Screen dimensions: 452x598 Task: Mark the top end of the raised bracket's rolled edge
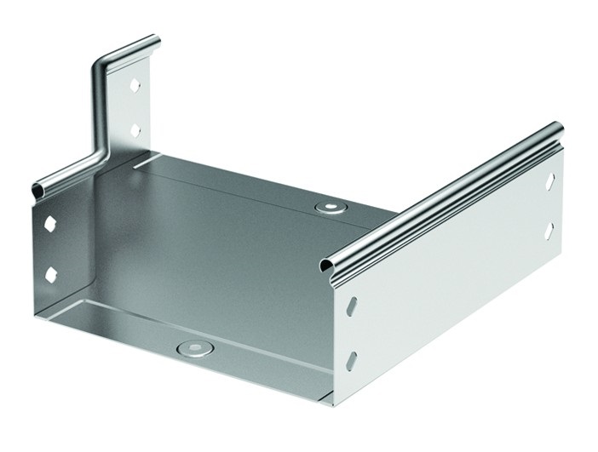[154, 40]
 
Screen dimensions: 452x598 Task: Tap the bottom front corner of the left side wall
[38, 318]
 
